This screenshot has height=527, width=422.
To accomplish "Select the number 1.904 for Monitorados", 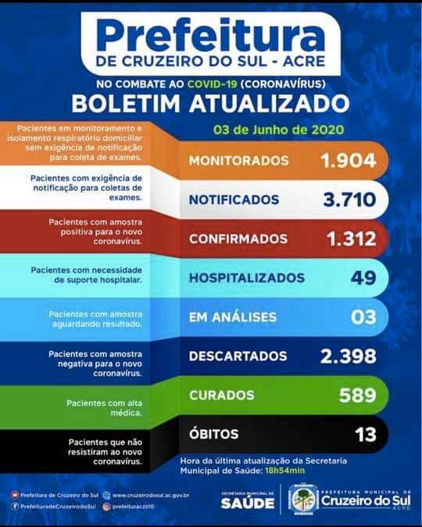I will click(x=348, y=161).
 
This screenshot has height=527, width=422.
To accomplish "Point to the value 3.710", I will click(x=349, y=200).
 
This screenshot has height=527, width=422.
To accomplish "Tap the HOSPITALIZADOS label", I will click(x=246, y=278).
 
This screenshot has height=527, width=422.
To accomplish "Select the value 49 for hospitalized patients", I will click(x=363, y=278).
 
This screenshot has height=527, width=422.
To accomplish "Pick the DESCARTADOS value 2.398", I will click(x=348, y=357).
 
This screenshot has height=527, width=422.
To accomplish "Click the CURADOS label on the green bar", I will click(x=221, y=396).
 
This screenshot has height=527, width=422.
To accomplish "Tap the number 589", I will click(x=357, y=396).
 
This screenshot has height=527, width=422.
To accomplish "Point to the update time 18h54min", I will click(x=286, y=471).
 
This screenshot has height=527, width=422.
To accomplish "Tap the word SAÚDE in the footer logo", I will click(x=247, y=504).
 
